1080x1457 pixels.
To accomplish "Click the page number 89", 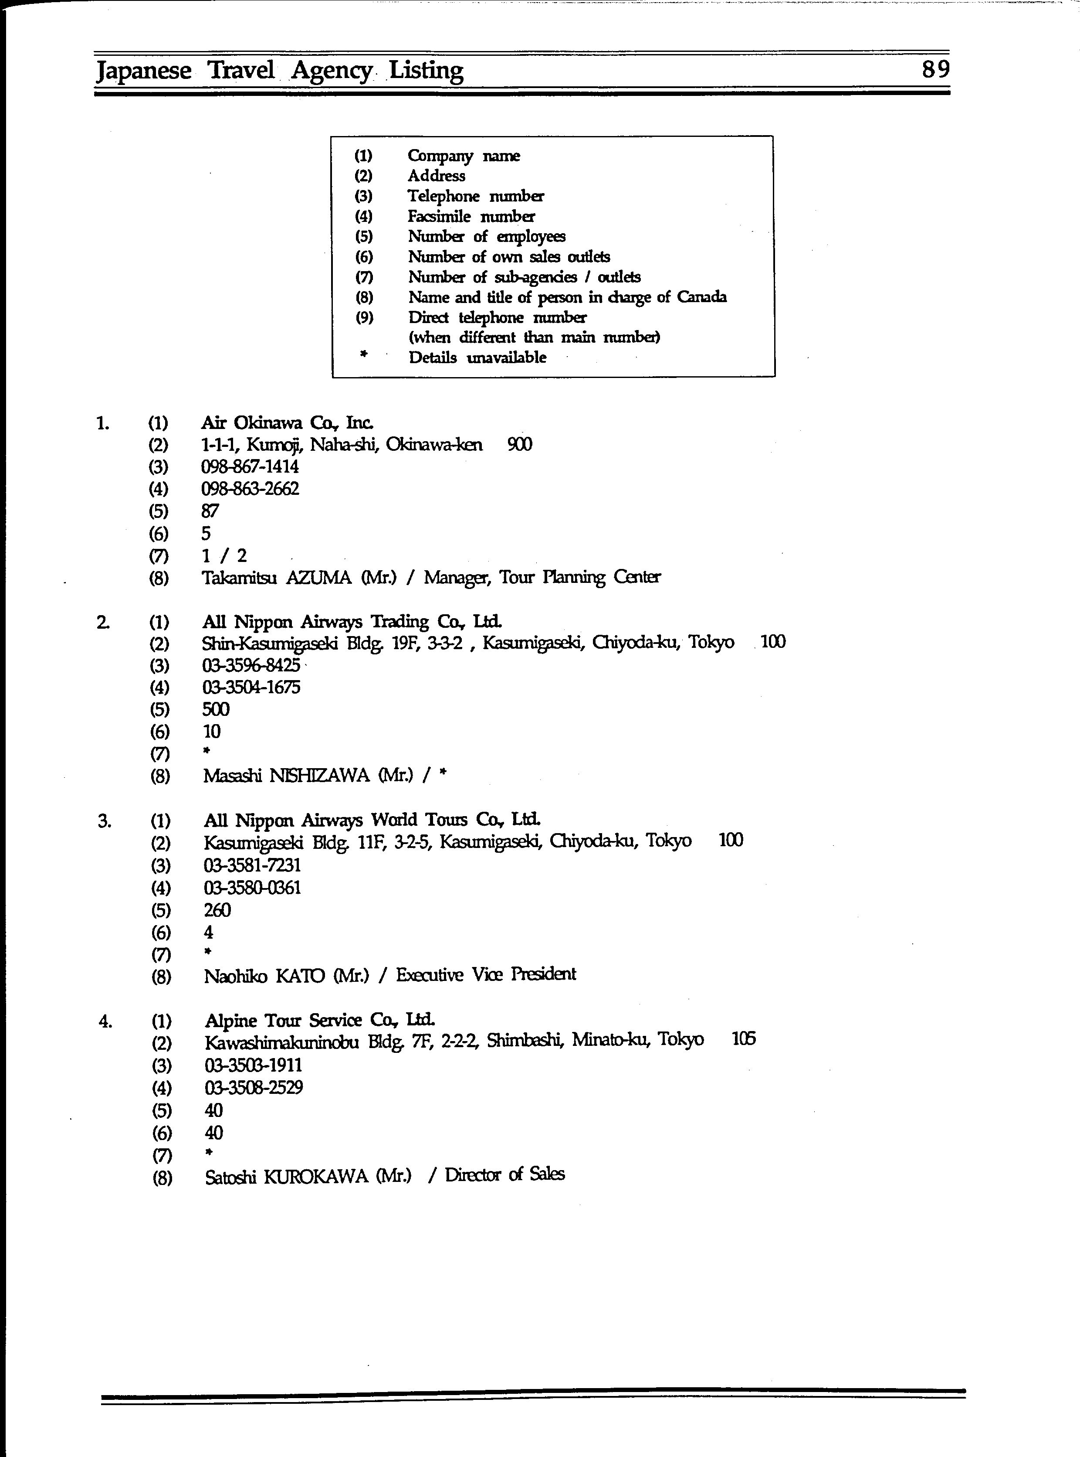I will [935, 69].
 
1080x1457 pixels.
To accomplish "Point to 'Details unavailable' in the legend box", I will [477, 357].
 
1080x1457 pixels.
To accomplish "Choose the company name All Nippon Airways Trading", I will [352, 622].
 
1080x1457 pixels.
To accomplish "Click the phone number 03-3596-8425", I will [251, 665].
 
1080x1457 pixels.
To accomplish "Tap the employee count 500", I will [216, 710].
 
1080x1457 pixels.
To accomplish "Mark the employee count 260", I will [217, 910].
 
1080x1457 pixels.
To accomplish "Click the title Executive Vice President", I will [486, 975].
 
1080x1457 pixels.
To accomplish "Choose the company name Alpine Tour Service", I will [319, 1021].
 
